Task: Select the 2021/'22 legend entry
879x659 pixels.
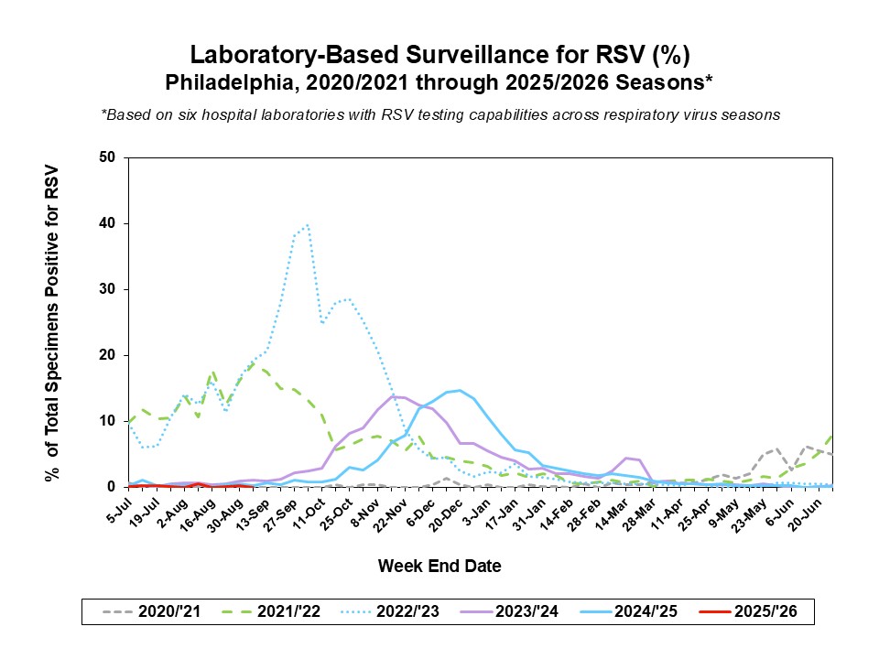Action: (x=270, y=612)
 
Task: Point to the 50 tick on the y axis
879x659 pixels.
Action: (x=109, y=157)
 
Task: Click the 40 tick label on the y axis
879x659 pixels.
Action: (x=109, y=223)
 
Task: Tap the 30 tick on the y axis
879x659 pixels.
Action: (x=109, y=289)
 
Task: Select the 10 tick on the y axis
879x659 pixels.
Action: (x=109, y=421)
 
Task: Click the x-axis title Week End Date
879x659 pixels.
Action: (x=439, y=567)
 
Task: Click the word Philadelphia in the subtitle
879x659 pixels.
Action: (x=218, y=82)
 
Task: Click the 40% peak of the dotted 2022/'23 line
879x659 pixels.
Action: (x=308, y=224)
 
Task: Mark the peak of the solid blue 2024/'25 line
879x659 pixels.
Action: (x=460, y=390)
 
